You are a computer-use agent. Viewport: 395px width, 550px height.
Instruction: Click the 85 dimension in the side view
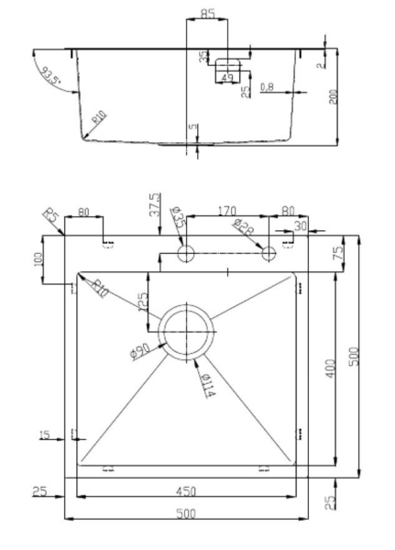pos(207,15)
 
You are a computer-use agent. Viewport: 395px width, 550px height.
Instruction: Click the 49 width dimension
pos(226,78)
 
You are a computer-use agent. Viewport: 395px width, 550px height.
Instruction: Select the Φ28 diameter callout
pos(243,228)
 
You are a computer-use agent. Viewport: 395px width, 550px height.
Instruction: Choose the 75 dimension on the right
pos(336,253)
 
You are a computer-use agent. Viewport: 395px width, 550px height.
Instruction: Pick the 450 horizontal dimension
pos(187,491)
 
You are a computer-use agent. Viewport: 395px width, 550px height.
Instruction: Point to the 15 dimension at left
pos(45,434)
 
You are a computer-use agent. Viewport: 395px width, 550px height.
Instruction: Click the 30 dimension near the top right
pos(300,225)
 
